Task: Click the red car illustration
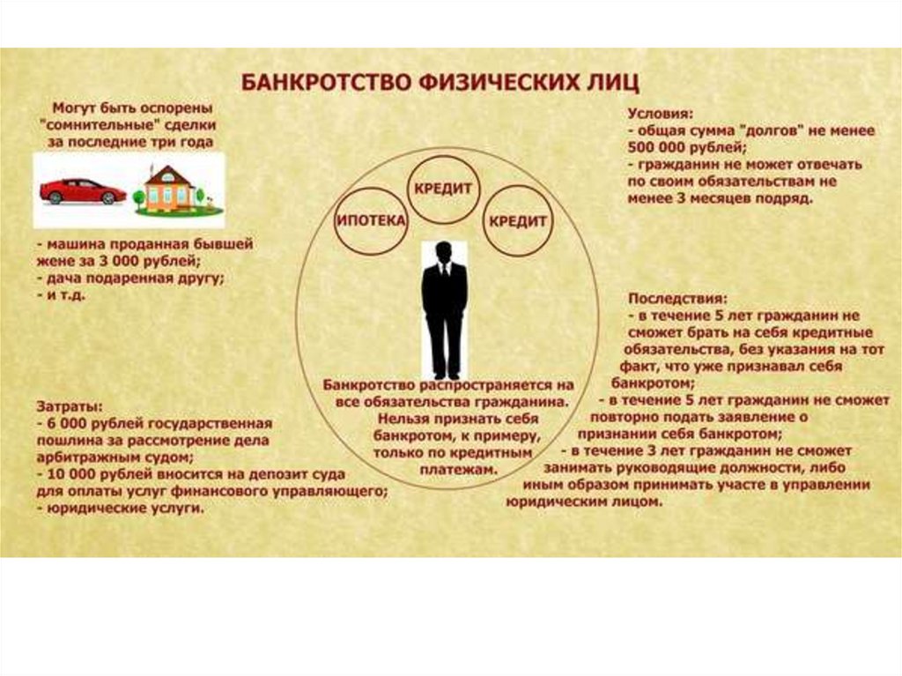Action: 82,189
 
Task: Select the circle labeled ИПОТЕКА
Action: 371,220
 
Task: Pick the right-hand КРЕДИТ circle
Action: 518,220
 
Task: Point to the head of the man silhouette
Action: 444,251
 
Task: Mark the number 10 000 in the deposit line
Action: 71,474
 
